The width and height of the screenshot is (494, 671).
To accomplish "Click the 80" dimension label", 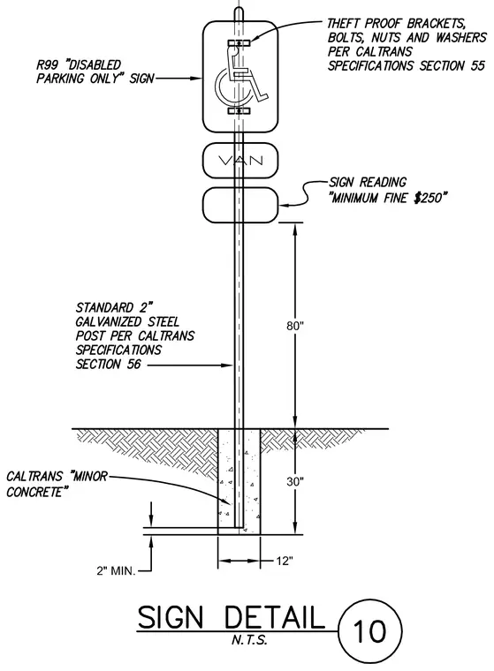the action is click(x=295, y=326).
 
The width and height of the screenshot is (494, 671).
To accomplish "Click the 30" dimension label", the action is click(x=295, y=482).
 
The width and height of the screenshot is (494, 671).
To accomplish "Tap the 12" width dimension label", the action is click(x=284, y=561).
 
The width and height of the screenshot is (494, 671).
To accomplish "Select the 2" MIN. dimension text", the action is click(x=116, y=571).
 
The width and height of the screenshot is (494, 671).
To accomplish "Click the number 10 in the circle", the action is click(x=369, y=631).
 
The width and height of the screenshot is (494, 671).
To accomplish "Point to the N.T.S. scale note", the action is click(x=249, y=641).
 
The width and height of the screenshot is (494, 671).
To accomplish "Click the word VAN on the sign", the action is click(x=240, y=161).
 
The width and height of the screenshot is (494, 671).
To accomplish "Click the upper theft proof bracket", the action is click(x=239, y=42).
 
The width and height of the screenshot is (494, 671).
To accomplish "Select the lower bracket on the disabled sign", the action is click(x=239, y=111).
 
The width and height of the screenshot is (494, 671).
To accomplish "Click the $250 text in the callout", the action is click(x=429, y=198).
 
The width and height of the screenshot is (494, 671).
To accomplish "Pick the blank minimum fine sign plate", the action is click(x=240, y=205).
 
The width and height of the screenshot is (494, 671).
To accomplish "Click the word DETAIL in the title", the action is click(x=274, y=617).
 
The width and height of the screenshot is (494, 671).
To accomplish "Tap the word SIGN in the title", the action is click(x=170, y=617).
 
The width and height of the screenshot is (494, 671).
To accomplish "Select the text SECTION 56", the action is click(x=109, y=364).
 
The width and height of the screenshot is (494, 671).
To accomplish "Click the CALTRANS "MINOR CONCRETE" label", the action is click(x=57, y=484).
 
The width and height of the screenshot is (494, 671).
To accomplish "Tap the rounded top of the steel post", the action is click(x=239, y=11).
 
